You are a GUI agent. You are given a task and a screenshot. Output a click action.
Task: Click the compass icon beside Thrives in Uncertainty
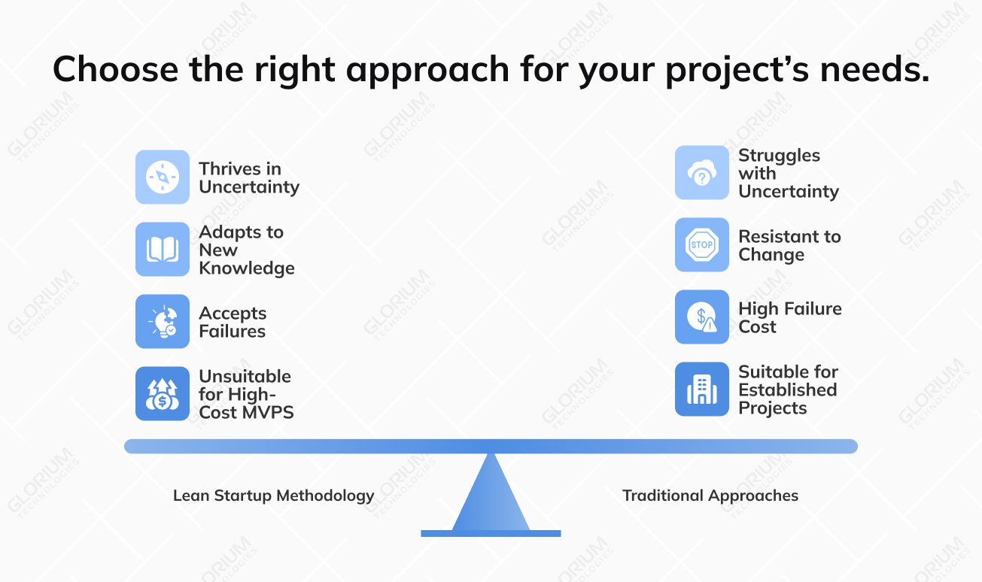pos(163,177)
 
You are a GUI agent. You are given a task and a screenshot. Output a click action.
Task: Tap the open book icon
pos(163,250)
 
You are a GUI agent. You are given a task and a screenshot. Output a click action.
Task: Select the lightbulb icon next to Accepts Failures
pos(163,322)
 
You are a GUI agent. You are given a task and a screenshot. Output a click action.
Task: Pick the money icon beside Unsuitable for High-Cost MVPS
pos(163,394)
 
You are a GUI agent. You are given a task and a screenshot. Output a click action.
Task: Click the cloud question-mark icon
pos(701,173)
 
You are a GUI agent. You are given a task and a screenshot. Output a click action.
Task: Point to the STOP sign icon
pos(701,245)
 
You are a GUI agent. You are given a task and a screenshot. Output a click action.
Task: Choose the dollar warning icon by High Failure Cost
pos(701,317)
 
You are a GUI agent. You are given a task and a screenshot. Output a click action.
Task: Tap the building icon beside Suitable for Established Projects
pos(701,390)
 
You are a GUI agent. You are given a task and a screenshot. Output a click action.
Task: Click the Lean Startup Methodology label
pos(273,496)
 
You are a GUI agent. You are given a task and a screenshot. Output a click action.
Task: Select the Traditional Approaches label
pos(710,496)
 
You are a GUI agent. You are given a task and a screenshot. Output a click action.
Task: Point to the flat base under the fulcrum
pos(491,533)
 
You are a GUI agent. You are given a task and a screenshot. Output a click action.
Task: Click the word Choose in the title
pos(115,70)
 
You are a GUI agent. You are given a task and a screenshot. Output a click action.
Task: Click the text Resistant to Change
pos(789,246)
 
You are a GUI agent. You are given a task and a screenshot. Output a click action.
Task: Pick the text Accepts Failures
pos(233,323)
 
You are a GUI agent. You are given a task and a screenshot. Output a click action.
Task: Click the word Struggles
pos(779,156)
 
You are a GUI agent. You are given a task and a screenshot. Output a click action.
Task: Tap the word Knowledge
pos(247,268)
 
